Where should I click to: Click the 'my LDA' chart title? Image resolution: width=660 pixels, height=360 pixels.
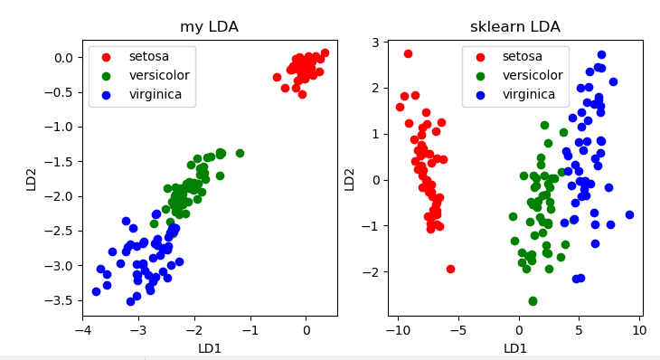209,27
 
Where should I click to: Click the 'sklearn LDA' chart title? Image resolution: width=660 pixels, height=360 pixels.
515,27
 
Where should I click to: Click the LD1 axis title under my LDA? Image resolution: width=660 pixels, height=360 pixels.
209,348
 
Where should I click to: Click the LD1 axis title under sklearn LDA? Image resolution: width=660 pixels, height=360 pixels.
515,348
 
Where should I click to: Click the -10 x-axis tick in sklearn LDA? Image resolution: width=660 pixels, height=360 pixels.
397,331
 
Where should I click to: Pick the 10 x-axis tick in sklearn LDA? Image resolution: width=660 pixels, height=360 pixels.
639,331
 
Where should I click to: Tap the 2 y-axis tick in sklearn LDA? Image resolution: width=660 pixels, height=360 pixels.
374,88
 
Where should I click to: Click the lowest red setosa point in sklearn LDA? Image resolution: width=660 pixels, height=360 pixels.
450,269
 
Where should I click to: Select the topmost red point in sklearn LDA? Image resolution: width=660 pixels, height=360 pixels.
408,53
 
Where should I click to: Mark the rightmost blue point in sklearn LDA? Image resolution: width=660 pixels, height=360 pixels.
629,214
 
